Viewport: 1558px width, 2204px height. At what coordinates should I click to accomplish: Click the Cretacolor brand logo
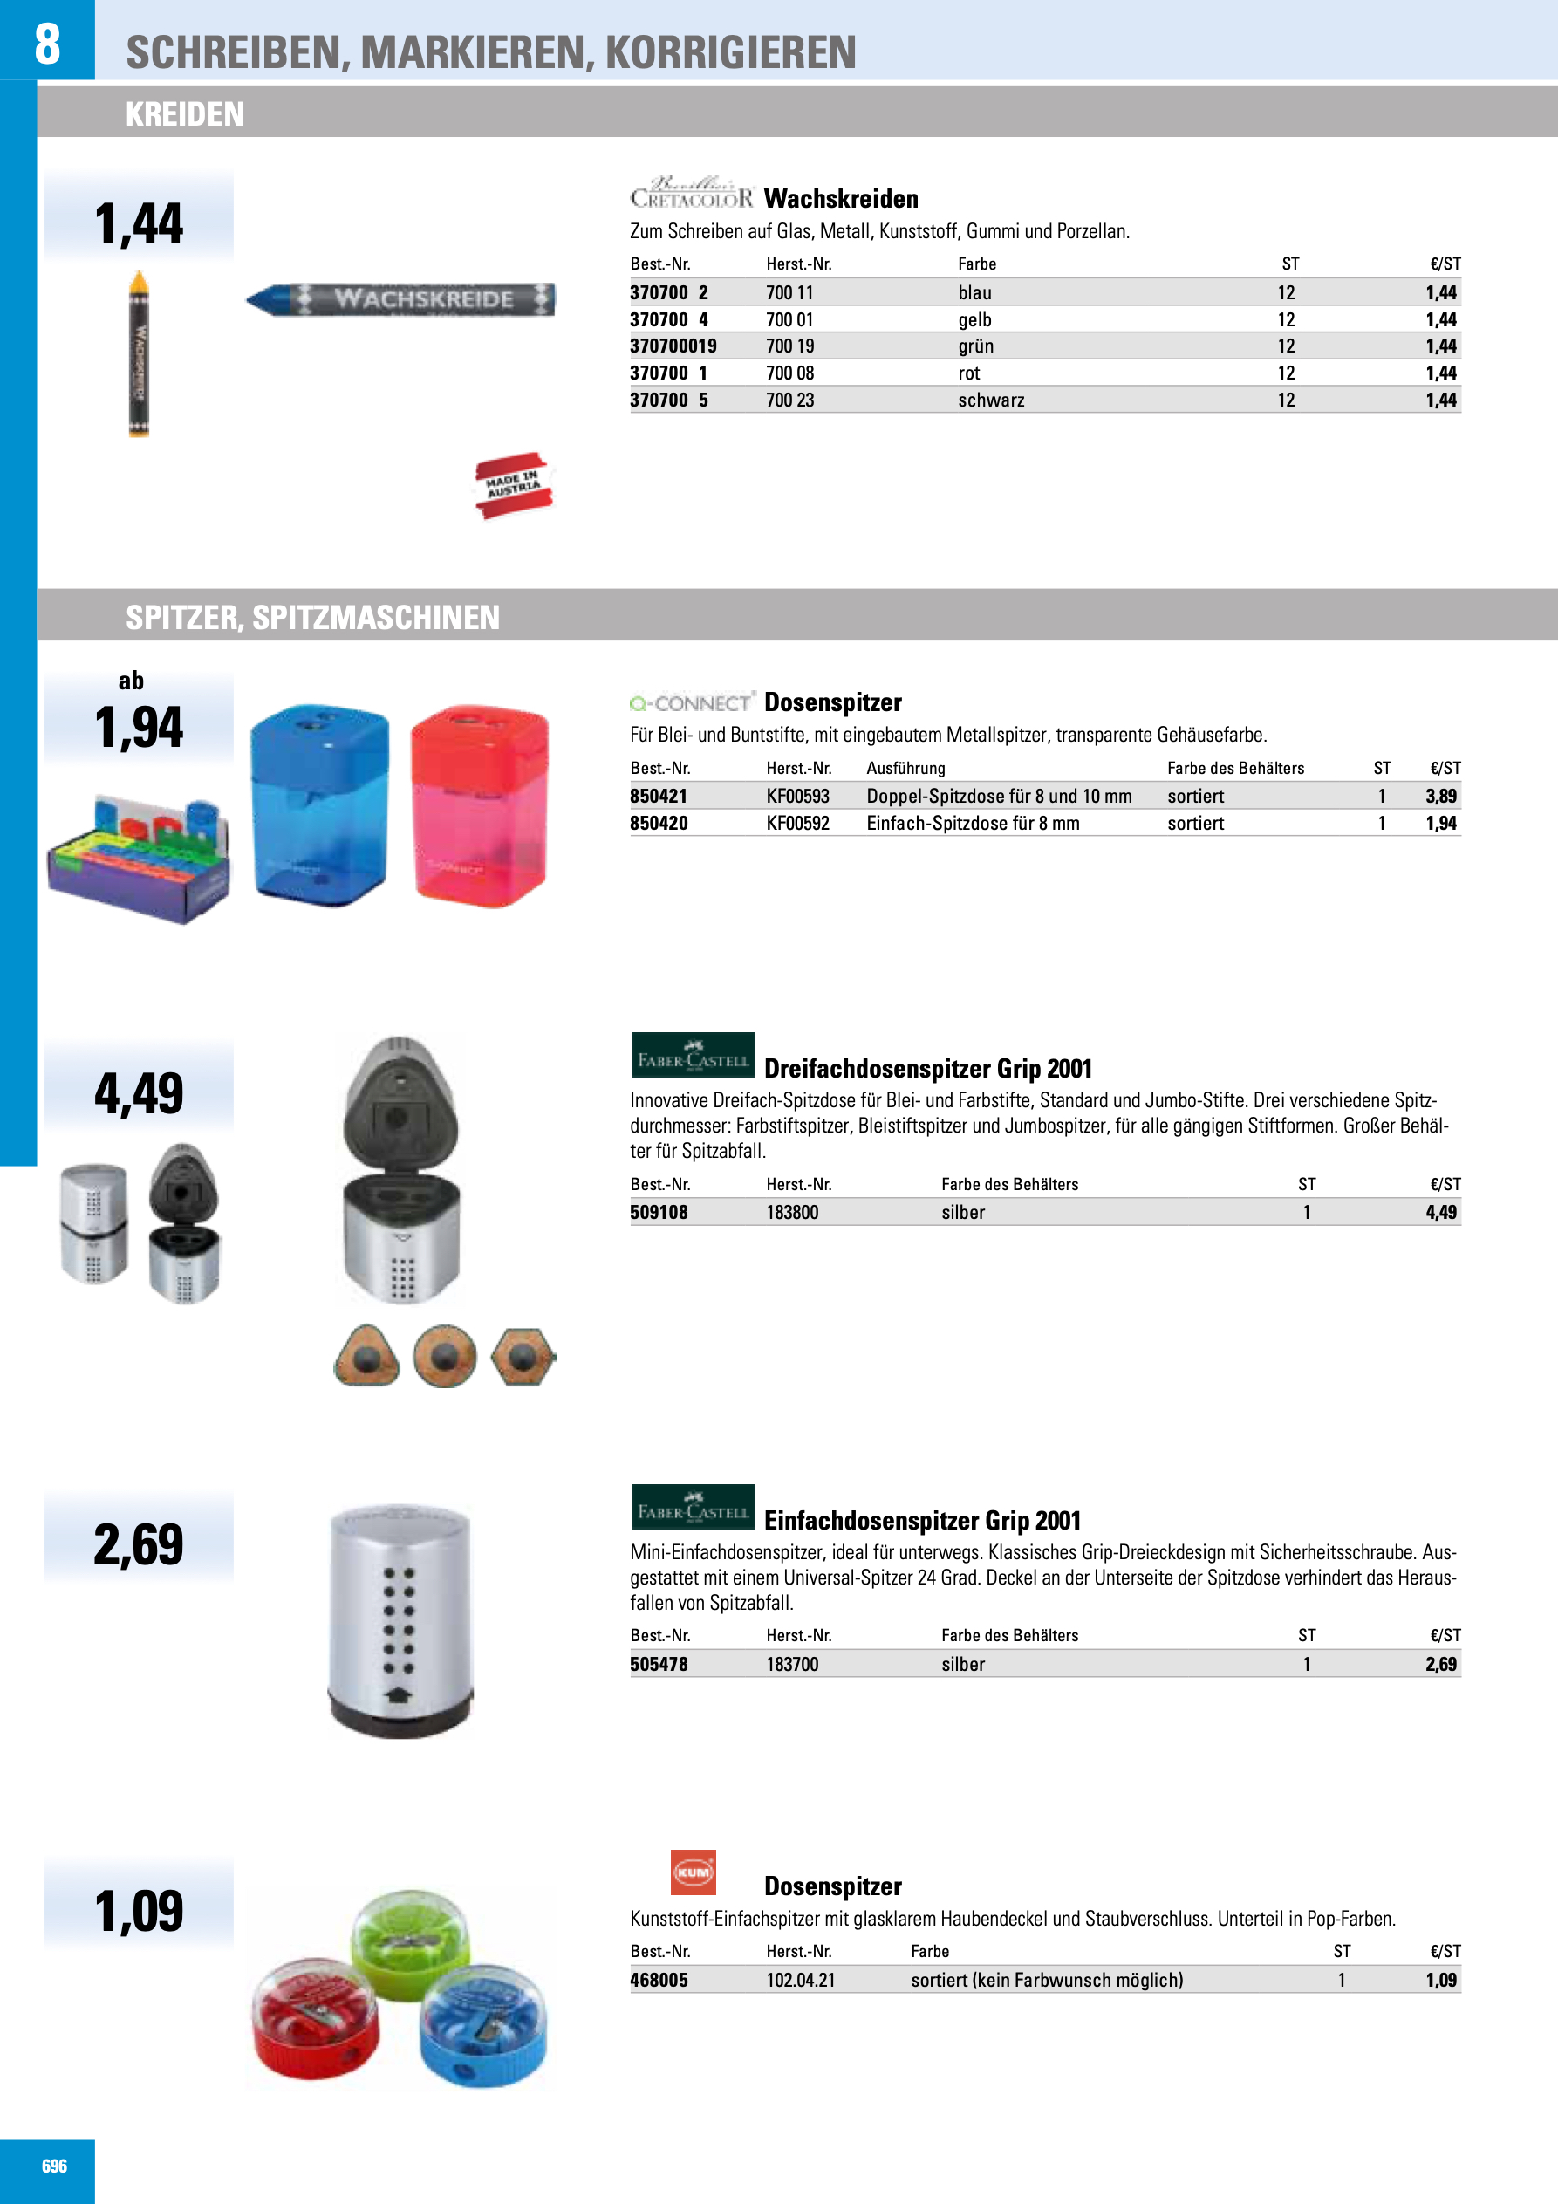691,193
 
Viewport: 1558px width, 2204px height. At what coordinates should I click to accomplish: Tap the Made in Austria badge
514,485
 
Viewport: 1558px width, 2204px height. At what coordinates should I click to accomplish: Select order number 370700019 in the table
673,346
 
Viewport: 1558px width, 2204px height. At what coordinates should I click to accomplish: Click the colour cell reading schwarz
991,400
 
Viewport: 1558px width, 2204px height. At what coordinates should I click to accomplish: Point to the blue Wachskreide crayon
400,298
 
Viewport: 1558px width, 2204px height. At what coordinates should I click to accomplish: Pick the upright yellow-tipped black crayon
140,353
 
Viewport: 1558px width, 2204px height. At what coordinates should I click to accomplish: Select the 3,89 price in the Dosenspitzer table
1440,796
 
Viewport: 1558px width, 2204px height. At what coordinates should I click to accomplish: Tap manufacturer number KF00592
796,823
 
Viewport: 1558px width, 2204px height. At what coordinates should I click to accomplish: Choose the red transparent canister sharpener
479,805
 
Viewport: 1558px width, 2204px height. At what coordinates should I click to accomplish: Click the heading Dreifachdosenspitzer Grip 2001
927,1068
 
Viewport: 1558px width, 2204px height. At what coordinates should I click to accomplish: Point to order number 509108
659,1213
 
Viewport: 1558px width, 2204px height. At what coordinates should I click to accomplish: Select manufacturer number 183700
792,1664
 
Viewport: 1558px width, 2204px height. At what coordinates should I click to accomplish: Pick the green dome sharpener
411,1944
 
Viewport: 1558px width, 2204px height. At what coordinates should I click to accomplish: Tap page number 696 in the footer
54,2166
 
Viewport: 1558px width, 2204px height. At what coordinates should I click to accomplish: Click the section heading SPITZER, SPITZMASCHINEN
312,617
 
